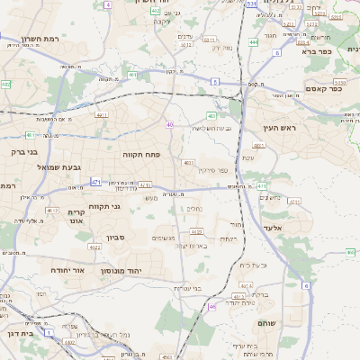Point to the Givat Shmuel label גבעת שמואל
click(x=58, y=167)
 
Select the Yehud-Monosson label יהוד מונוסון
click(x=142, y=270)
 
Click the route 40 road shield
click(x=169, y=124)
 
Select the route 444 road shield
click(x=254, y=41)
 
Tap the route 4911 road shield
click(x=101, y=115)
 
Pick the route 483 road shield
click(x=211, y=115)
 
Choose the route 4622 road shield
click(x=94, y=246)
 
